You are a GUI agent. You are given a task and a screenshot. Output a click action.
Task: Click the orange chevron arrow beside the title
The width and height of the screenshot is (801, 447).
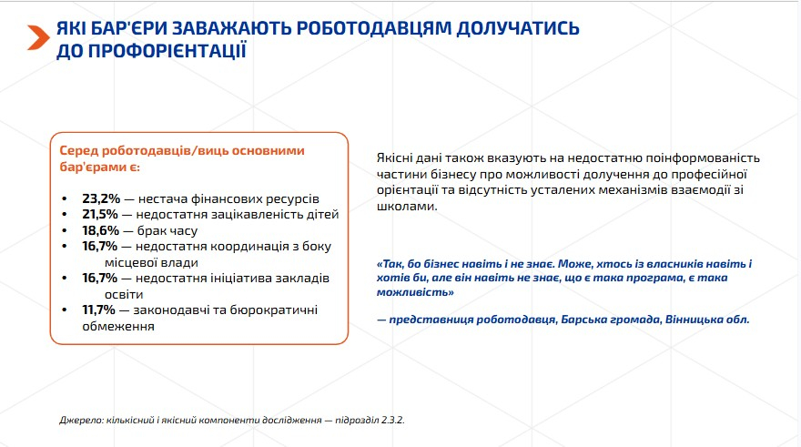pos(38,37)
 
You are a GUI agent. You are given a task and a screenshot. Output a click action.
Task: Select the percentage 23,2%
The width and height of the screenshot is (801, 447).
pos(101,198)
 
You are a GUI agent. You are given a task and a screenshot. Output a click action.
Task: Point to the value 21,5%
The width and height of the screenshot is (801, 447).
pos(100,214)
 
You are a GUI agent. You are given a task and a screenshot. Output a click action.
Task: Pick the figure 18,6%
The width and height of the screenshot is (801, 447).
pos(101,230)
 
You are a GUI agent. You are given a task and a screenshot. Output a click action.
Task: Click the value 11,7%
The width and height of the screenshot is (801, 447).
pos(98,310)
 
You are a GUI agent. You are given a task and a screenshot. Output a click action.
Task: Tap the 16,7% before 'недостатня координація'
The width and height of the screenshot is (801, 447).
pos(100,246)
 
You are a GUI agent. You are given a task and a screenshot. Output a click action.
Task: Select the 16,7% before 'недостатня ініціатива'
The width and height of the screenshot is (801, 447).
pos(100,278)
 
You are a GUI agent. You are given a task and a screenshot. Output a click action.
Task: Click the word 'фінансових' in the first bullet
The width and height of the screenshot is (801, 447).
pos(226,198)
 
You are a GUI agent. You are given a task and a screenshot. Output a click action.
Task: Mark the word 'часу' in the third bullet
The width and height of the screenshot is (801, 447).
pos(181,231)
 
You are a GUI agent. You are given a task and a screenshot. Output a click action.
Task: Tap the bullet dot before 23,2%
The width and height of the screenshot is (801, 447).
pos(65,198)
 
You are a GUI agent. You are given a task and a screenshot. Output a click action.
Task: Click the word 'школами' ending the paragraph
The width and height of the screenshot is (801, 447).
pos(407,207)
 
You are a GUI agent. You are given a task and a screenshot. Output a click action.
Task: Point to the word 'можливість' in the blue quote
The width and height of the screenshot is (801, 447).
pos(415,293)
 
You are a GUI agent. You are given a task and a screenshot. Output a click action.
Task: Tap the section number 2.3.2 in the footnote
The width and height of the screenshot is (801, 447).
pos(393,420)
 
